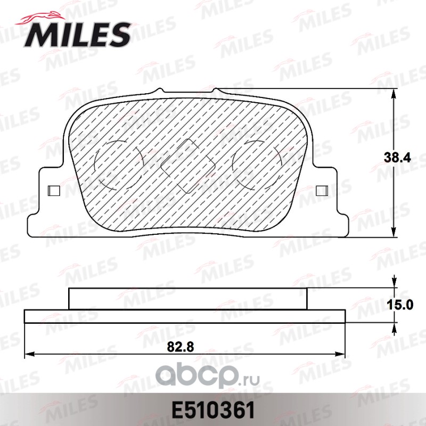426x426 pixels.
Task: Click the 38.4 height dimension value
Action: click(397, 158)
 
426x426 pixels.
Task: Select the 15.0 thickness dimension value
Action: click(400, 305)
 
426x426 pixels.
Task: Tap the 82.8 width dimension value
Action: click(181, 347)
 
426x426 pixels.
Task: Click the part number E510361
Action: click(212, 410)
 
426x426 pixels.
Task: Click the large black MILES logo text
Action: click(77, 35)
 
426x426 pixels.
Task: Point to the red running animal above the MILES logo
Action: click(41, 18)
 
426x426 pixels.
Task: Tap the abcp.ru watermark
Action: click(208, 376)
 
